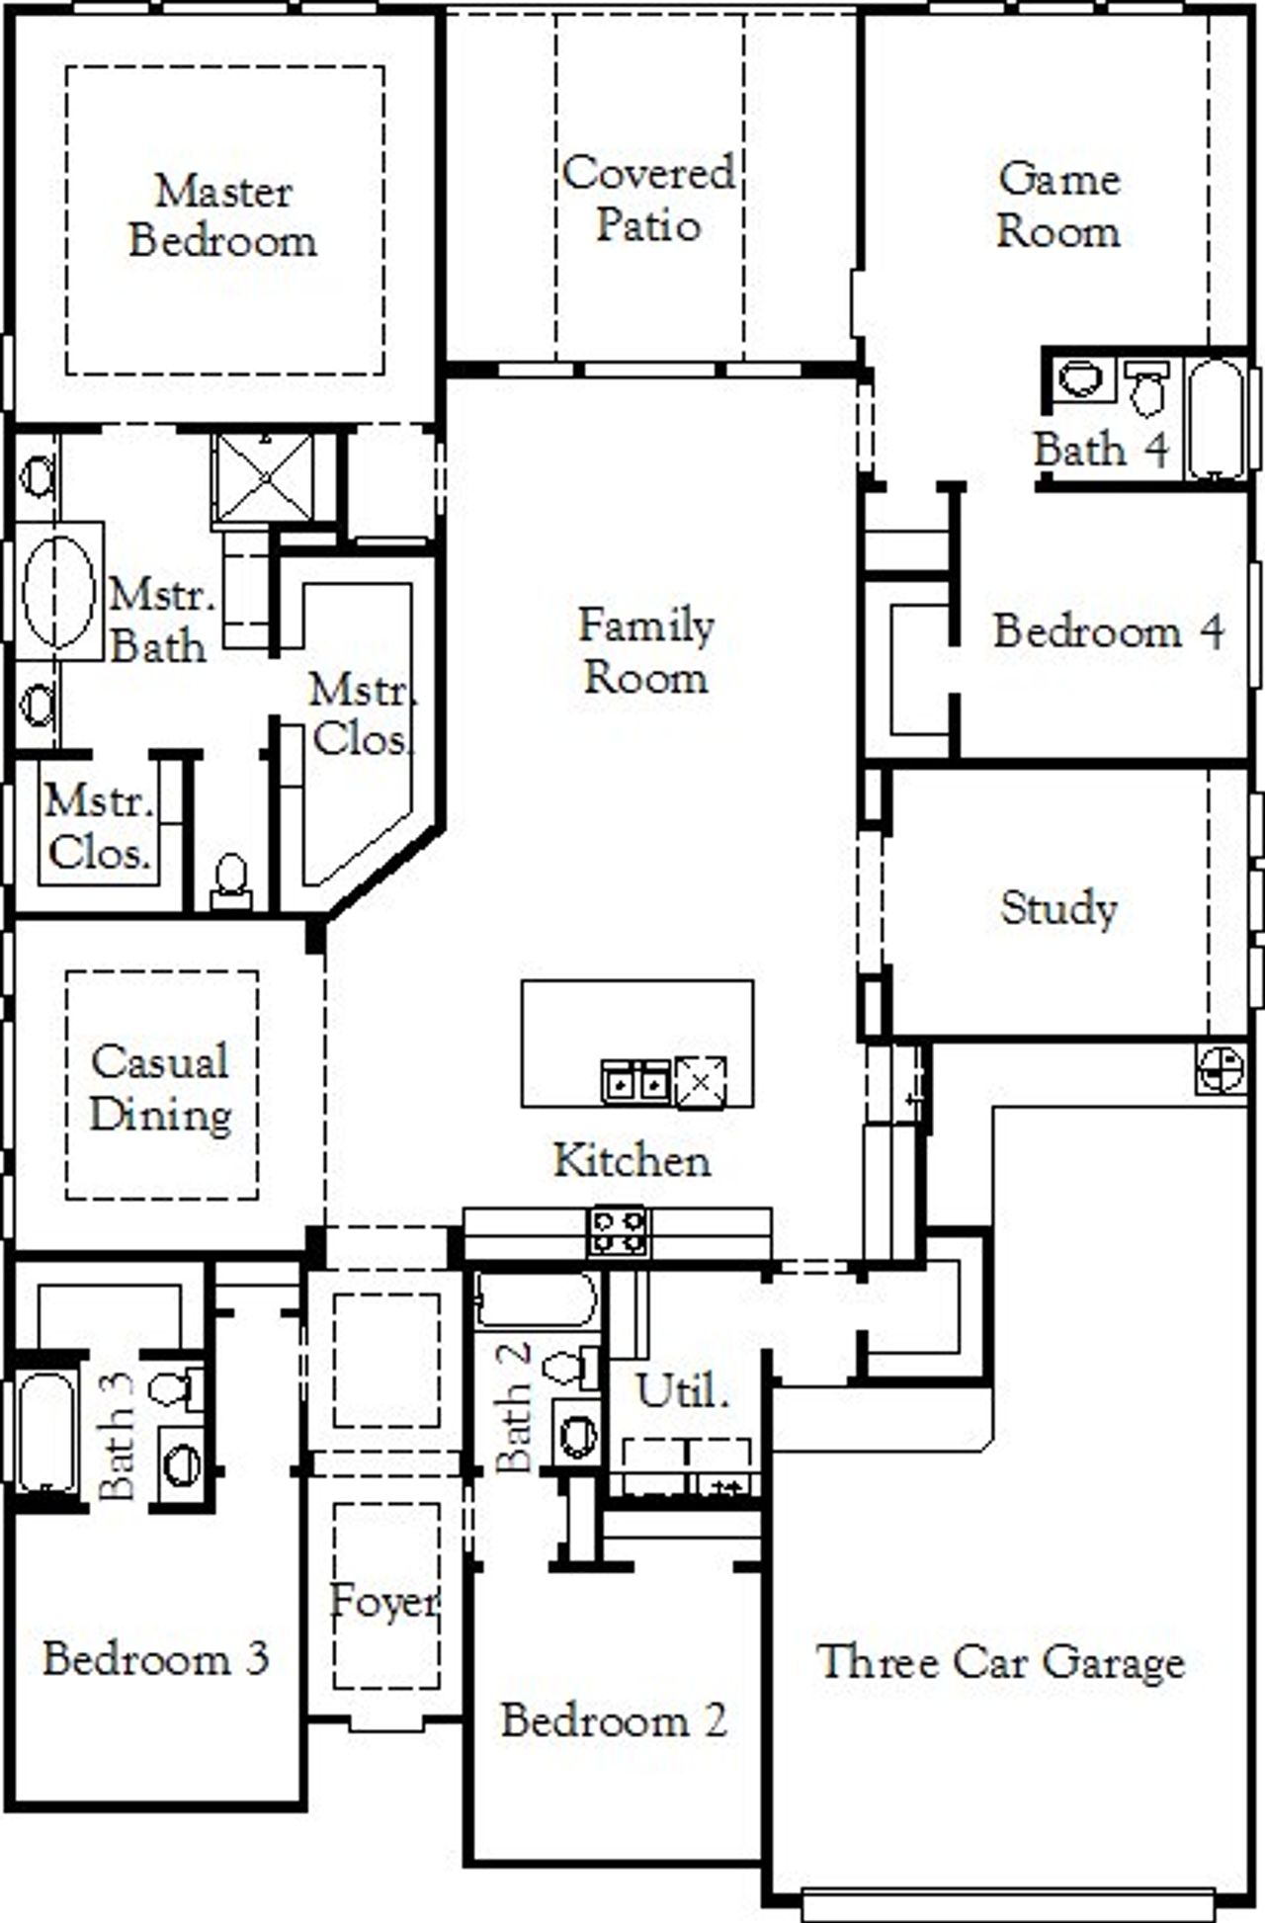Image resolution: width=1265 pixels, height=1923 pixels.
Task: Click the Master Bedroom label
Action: coord(223,216)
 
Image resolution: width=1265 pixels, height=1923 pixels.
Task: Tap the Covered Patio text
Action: coord(648,199)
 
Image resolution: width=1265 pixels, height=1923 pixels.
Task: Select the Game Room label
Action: coord(1057,206)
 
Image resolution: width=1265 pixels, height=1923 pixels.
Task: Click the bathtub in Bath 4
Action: coord(1216,418)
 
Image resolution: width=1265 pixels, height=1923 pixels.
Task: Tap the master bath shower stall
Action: coord(265,478)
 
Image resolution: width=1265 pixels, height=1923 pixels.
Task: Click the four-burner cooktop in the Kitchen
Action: coord(619,1231)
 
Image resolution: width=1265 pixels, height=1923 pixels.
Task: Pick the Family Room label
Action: coord(645,651)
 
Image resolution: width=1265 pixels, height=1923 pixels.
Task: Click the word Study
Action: coord(1058,908)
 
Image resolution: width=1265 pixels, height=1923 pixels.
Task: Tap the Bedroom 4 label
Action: coord(1108,631)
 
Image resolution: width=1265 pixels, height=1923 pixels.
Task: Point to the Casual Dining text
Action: coord(161,1088)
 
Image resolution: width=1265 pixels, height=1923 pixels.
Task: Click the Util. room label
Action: coord(682,1391)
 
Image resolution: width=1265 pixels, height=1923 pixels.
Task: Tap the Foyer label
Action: coord(383,1602)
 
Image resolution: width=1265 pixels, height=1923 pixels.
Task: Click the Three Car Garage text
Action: coord(1000,1661)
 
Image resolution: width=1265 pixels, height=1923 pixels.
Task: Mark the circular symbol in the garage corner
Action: coord(1221,1068)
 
